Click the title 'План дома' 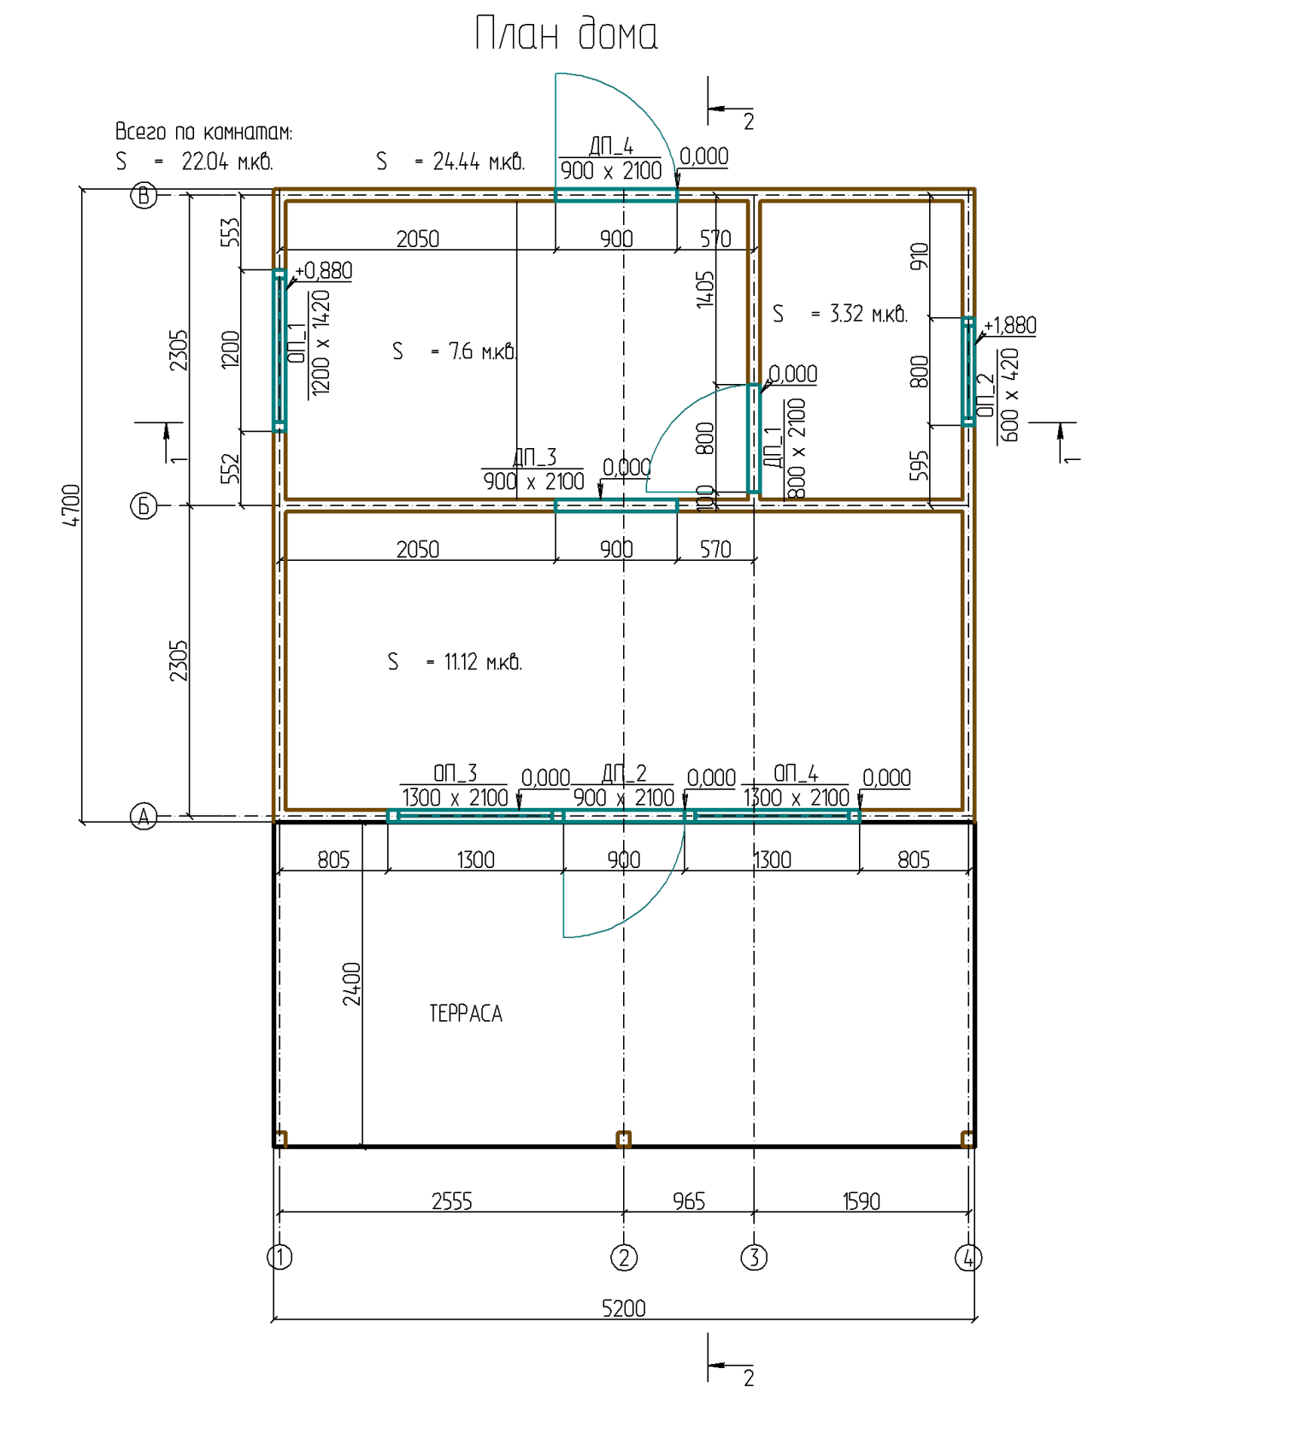pyautogui.click(x=566, y=34)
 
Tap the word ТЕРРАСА pyautogui.click(x=466, y=1013)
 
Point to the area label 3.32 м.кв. pyautogui.click(x=868, y=314)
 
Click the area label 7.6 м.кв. pyautogui.click(x=483, y=351)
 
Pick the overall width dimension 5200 pyautogui.click(x=624, y=1308)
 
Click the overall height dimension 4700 pyautogui.click(x=71, y=505)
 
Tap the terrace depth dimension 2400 pyautogui.click(x=351, y=983)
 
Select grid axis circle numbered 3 pyautogui.click(x=754, y=1258)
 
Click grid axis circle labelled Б pyautogui.click(x=144, y=506)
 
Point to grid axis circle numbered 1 pyautogui.click(x=279, y=1258)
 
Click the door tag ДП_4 pyautogui.click(x=611, y=146)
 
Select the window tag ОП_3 pyautogui.click(x=455, y=773)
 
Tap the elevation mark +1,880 pyautogui.click(x=1009, y=326)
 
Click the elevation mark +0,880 pyautogui.click(x=323, y=271)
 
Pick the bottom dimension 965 pyautogui.click(x=689, y=1201)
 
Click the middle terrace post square pyautogui.click(x=624, y=1139)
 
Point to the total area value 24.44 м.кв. pyautogui.click(x=479, y=162)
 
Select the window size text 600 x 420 pyautogui.click(x=1009, y=395)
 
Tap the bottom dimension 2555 pyautogui.click(x=452, y=1201)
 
